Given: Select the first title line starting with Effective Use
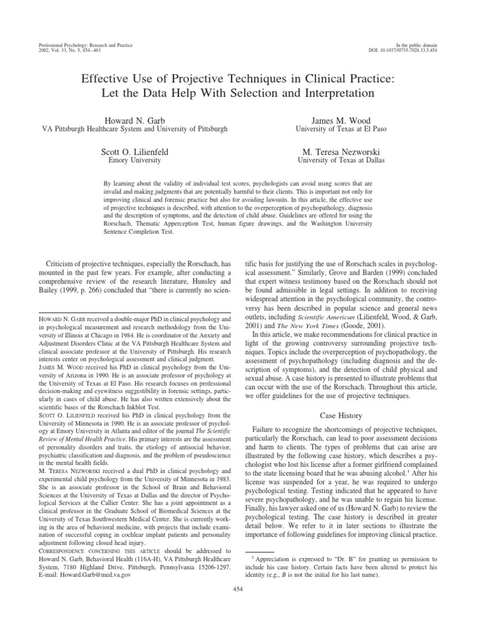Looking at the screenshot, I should [x=238, y=79].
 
